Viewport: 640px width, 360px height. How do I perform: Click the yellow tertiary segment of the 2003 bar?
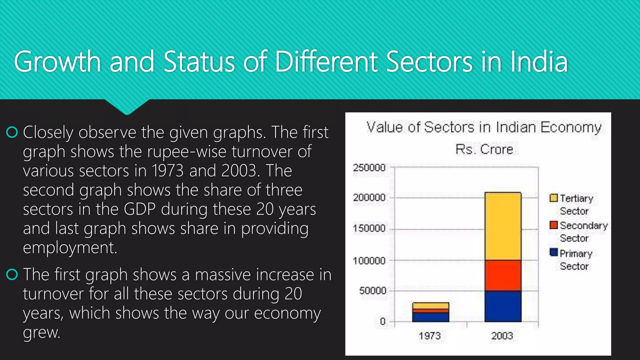503,226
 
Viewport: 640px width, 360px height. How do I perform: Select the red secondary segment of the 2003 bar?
503,275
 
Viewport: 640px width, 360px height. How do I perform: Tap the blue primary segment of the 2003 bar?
503,306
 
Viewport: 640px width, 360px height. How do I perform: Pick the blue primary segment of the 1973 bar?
431,317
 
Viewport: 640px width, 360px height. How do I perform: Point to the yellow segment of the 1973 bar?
431,306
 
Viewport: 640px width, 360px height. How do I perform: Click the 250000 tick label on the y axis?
369,167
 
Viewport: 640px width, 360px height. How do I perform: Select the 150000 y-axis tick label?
369,228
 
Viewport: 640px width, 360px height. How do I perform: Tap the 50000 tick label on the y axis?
372,291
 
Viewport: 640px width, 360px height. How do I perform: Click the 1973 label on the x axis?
430,336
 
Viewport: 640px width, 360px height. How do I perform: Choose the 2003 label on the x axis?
502,336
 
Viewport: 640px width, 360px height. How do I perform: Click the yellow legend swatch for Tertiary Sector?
553,198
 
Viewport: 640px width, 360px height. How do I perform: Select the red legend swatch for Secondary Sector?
553,225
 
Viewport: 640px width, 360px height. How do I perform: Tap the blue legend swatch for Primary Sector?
553,252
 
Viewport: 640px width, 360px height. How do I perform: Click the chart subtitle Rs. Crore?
484,149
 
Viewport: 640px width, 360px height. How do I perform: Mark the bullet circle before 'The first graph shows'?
12,275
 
